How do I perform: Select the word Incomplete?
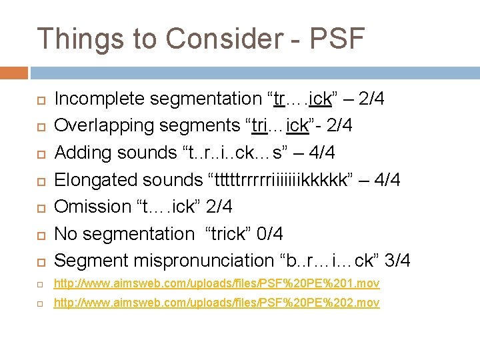[x=99, y=99]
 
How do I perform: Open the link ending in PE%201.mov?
[x=217, y=284]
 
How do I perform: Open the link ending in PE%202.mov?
[x=217, y=303]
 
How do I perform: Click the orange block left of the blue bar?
[x=14, y=73]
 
